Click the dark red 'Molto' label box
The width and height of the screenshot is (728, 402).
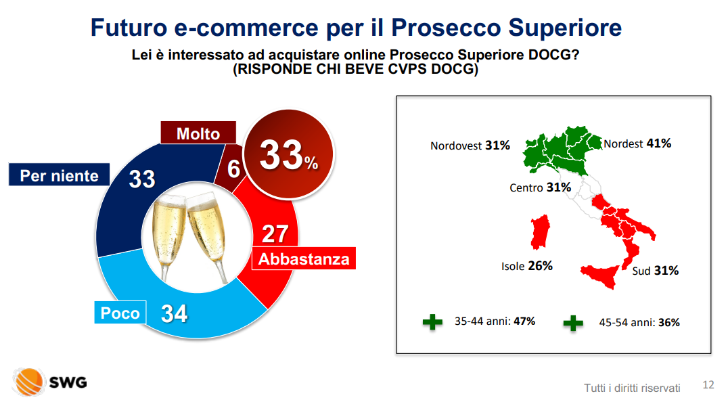(198, 133)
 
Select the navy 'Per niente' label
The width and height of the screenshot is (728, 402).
(59, 175)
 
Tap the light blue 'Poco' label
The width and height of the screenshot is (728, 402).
(120, 313)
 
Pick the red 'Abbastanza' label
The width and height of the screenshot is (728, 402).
(304, 259)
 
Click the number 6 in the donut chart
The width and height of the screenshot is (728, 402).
(233, 169)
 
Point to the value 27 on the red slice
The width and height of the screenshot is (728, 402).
(275, 233)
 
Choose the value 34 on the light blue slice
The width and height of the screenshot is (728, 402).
(174, 313)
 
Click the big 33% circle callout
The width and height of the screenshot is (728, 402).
(288, 154)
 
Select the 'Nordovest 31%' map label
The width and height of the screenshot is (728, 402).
(470, 146)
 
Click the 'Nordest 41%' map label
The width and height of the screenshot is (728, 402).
(637, 143)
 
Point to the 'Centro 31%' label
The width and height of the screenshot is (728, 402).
(540, 187)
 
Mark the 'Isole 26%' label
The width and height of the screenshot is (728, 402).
(526, 266)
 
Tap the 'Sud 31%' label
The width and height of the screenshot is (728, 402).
(655, 271)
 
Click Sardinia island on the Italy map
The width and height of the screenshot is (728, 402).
(540, 231)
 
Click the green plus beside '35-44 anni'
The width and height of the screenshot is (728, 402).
(432, 321)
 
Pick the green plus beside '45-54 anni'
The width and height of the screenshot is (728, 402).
(573, 323)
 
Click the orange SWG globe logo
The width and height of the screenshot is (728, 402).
(29, 382)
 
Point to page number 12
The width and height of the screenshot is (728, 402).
(708, 385)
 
